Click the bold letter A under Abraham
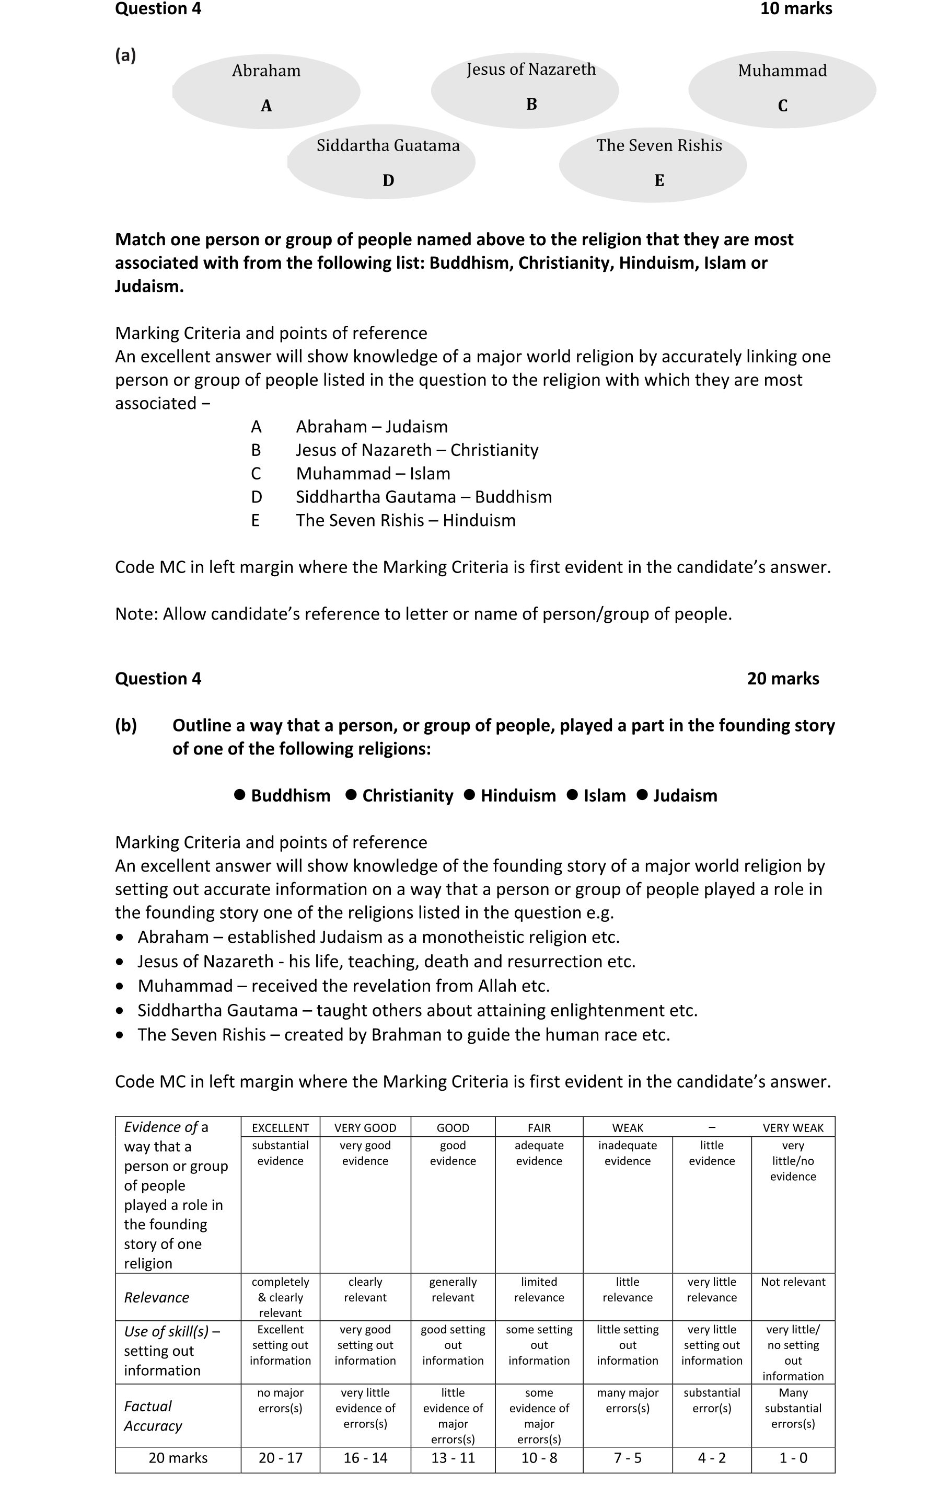pos(266,106)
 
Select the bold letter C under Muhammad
pos(782,106)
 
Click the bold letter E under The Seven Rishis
pos(659,181)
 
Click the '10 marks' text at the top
pos(796,9)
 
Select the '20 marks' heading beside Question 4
pos(783,679)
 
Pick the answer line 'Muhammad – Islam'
pos(373,474)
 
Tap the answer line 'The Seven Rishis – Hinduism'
pos(406,521)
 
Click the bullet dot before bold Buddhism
pos(240,795)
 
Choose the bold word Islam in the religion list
pos(604,796)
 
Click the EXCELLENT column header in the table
pos(280,1128)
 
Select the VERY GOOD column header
pos(365,1128)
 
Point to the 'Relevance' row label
pos(157,1297)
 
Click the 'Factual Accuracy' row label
pos(153,1416)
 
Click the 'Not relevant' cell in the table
pos(793,1282)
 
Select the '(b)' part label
pos(126,726)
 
